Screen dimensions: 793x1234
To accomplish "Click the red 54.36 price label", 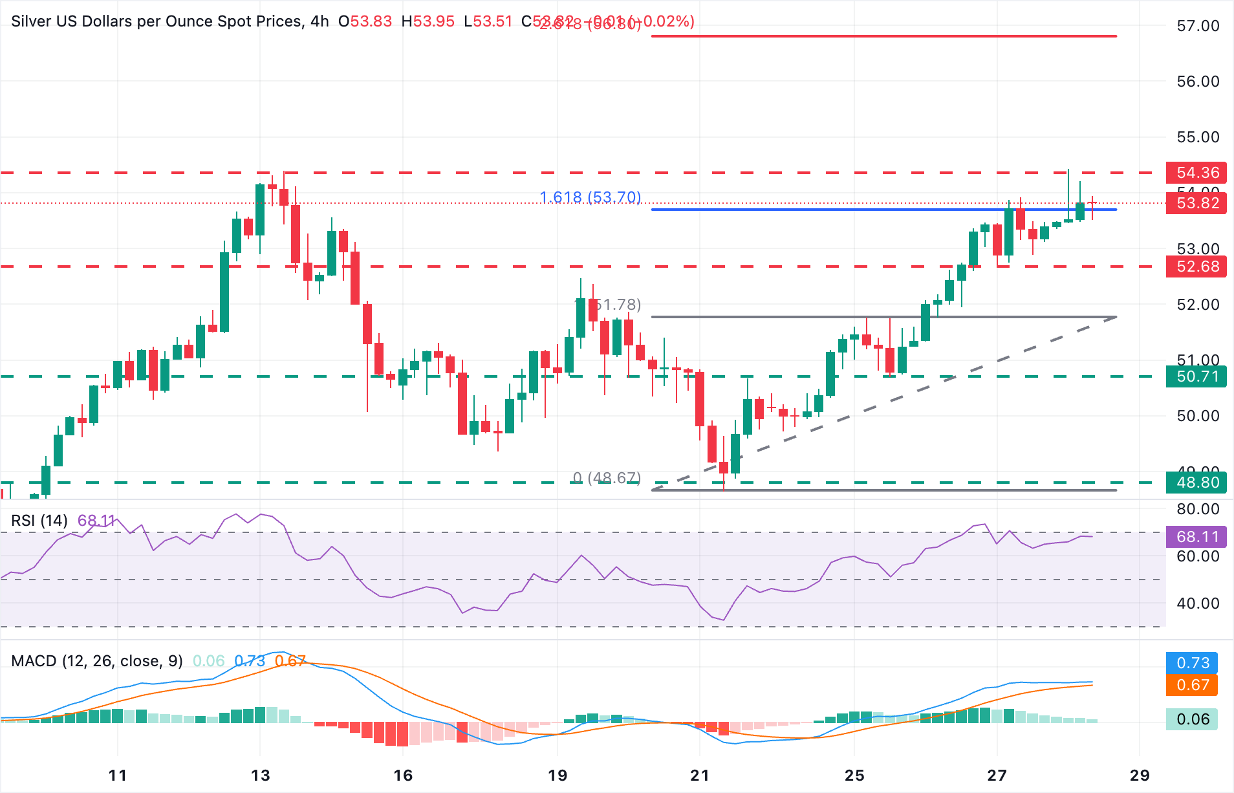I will [1197, 173].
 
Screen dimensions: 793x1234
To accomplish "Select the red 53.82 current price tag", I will [1197, 203].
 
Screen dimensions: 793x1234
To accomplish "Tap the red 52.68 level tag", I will [1197, 266].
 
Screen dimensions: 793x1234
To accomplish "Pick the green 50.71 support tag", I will [1197, 376].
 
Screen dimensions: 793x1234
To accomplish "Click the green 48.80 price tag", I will [1197, 483].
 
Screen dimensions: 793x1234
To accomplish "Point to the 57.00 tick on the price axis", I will [1197, 26].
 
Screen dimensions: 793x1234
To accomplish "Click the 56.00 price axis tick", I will [1197, 81].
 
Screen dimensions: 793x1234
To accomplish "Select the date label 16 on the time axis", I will [403, 775].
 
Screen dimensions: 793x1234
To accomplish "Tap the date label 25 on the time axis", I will [854, 775].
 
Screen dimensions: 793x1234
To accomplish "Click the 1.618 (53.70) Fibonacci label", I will [590, 197].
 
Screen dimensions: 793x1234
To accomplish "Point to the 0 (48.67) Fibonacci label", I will [606, 478].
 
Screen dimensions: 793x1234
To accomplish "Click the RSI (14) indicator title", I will [39, 521].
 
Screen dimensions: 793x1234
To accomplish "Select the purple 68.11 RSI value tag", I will [1197, 537].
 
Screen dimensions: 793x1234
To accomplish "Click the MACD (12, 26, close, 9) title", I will [97, 661].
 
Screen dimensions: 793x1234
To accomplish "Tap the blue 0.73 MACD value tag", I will [1193, 663].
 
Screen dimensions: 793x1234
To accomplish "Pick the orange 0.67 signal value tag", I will [1193, 685].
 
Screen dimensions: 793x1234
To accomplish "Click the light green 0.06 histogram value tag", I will [1193, 719].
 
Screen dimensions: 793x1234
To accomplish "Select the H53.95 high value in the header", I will [428, 21].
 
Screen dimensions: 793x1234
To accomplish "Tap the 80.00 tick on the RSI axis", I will [1197, 509].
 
